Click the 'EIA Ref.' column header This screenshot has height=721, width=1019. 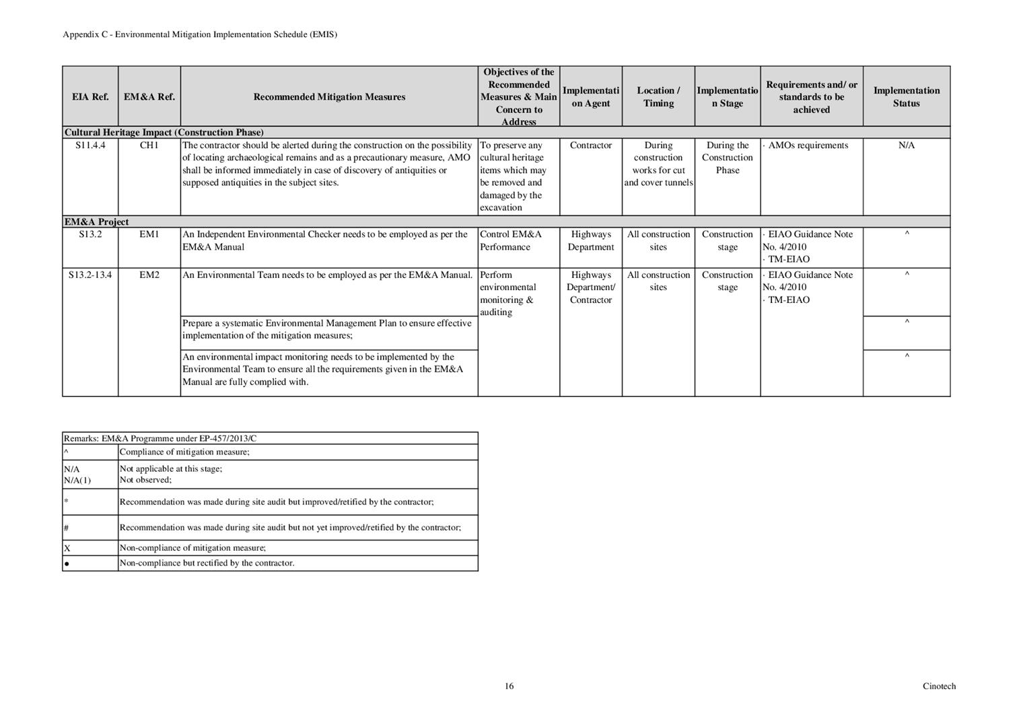90,97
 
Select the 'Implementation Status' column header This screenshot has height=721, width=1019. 906,97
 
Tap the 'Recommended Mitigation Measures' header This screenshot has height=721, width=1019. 329,97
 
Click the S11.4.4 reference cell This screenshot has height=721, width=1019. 90,145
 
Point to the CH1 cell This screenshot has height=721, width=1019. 149,145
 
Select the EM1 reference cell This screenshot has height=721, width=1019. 149,234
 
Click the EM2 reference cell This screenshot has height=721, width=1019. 149,275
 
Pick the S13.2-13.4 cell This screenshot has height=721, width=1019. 90,275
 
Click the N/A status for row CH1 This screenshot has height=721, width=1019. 906,145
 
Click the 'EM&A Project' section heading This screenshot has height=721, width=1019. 96,222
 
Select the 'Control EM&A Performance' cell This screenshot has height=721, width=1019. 510,240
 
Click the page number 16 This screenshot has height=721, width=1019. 509,686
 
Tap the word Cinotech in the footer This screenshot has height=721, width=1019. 939,686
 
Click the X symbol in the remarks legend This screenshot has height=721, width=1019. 67,548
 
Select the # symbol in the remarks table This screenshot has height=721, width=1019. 67,528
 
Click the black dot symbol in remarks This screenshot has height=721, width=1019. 67,563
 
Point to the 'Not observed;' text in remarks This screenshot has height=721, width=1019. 145,480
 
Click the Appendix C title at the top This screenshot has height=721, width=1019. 200,34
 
